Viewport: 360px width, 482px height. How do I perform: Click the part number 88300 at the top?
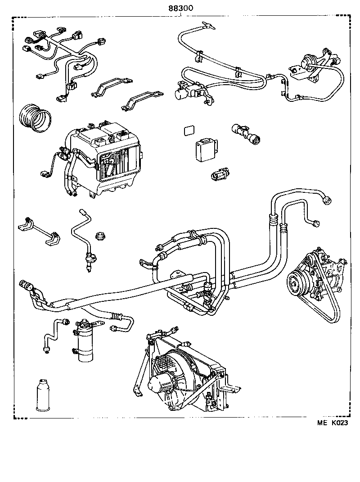(x=180, y=7)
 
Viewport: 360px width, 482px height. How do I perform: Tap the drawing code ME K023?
(x=333, y=423)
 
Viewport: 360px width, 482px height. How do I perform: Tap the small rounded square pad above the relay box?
(x=189, y=131)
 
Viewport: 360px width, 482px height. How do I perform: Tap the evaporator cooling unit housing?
(x=101, y=158)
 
